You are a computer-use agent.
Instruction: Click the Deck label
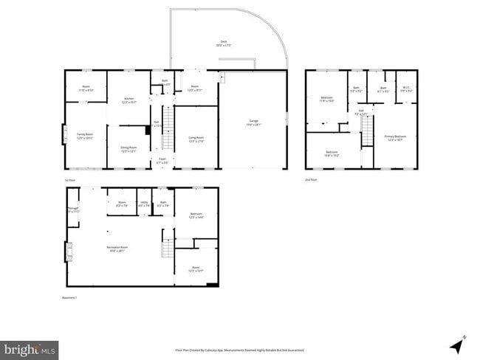click(x=223, y=43)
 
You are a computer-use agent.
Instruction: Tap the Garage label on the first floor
click(x=253, y=124)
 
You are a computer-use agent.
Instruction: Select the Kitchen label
click(x=129, y=100)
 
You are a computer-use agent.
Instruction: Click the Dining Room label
click(x=129, y=149)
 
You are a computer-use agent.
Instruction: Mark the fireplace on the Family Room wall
click(x=64, y=136)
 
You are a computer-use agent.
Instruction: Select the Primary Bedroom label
click(x=395, y=138)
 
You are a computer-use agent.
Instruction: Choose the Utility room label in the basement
click(x=143, y=204)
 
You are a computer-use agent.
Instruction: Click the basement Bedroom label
click(x=196, y=215)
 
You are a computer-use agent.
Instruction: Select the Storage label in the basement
click(x=73, y=210)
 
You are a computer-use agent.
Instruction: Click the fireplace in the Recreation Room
click(x=69, y=253)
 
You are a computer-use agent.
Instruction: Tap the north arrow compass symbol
click(x=457, y=343)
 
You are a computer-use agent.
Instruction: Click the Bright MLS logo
click(x=30, y=348)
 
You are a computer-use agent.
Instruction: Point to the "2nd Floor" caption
click(x=312, y=179)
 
